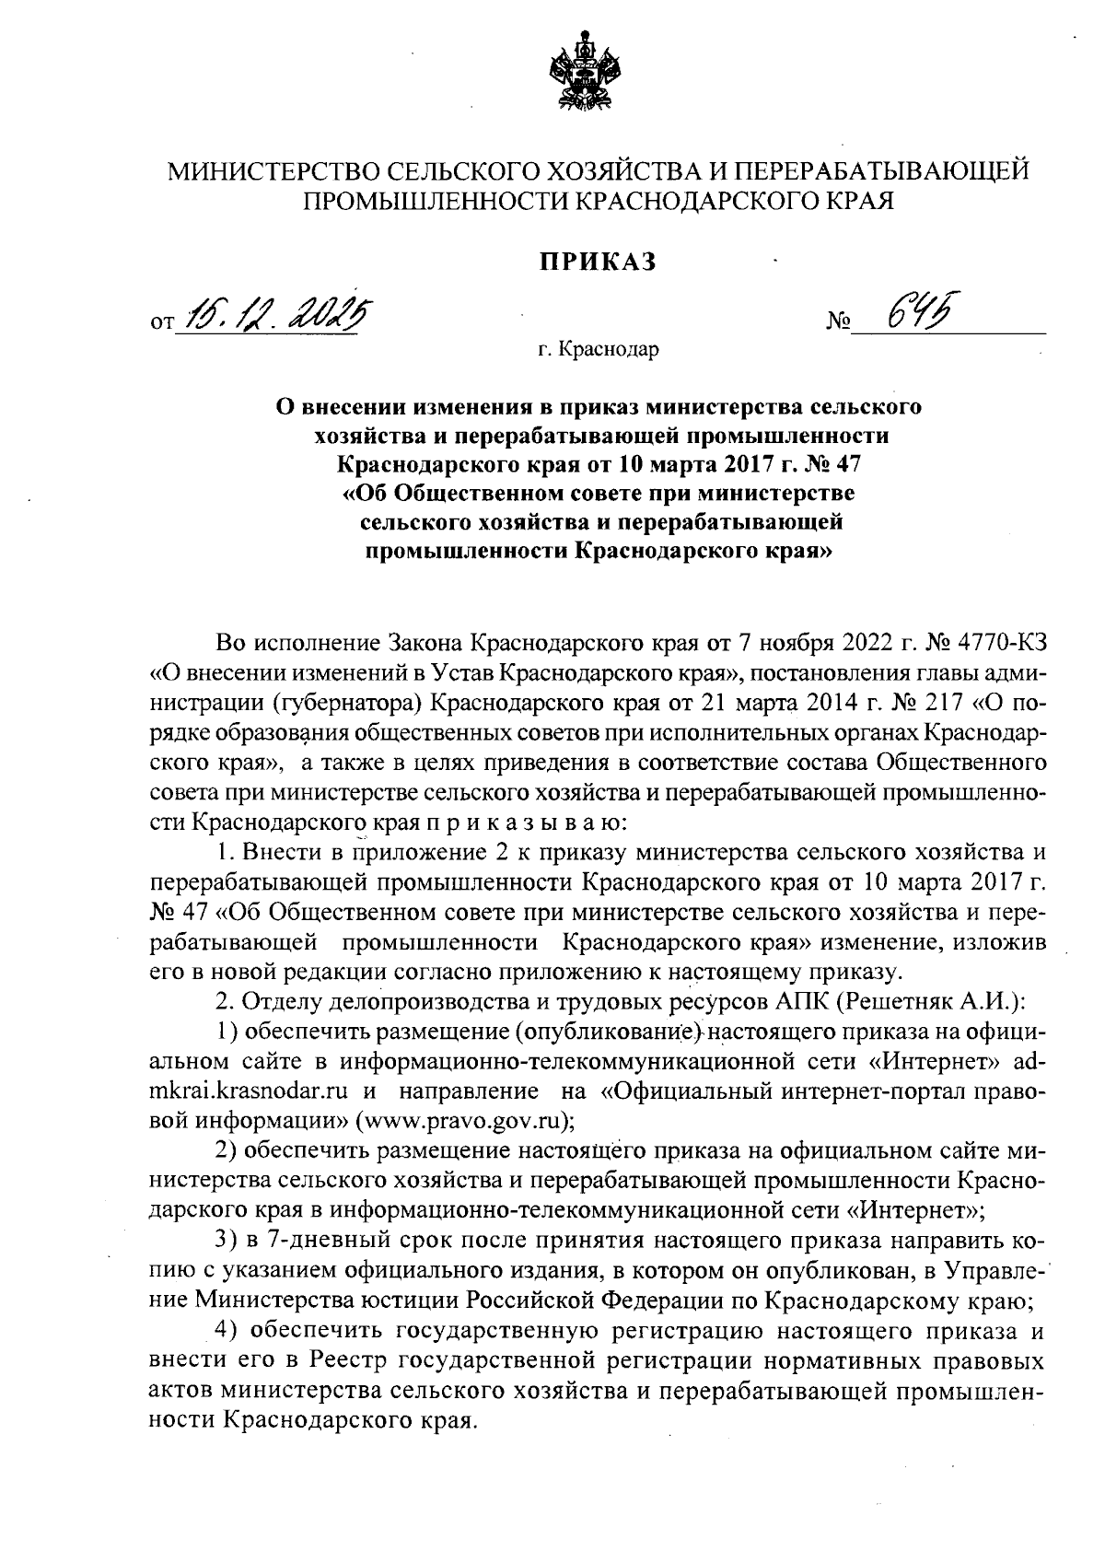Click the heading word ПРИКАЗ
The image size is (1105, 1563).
tap(597, 262)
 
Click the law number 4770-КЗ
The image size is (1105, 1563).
tap(995, 640)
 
